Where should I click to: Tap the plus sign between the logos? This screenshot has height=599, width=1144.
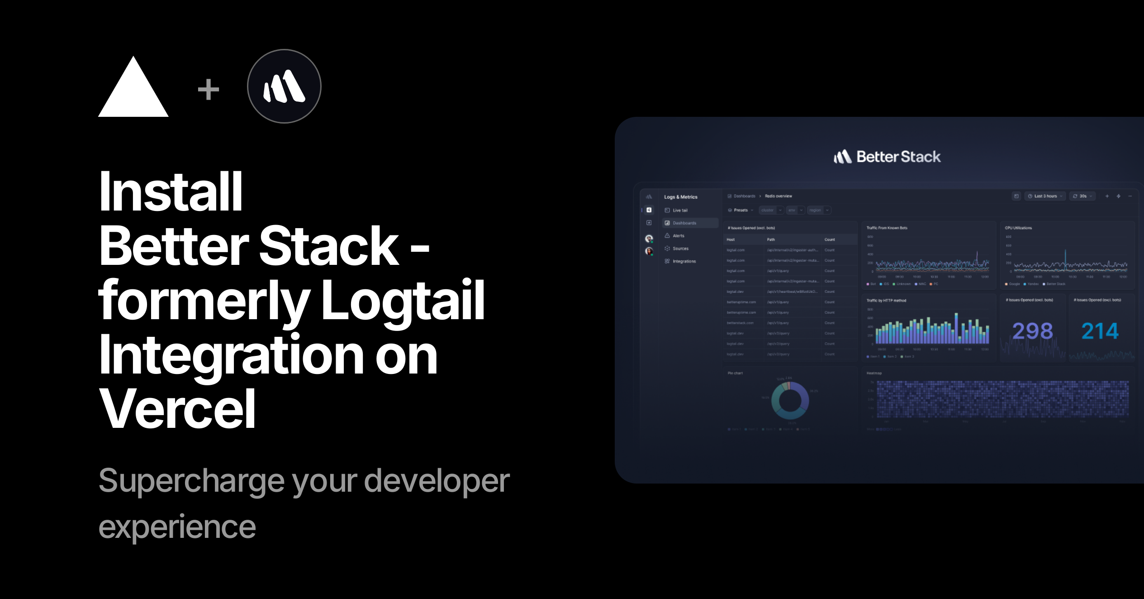click(209, 89)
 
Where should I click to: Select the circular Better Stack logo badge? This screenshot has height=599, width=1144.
click(284, 86)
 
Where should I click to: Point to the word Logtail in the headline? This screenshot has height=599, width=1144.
click(403, 300)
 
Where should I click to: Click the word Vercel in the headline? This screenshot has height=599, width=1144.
click(177, 409)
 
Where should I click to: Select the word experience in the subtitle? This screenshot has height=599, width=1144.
click(177, 527)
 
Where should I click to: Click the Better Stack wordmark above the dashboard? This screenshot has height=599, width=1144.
click(888, 157)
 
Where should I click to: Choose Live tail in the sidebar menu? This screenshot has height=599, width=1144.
click(679, 211)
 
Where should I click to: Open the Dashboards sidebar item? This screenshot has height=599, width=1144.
click(684, 223)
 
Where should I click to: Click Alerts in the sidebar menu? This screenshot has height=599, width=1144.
click(678, 236)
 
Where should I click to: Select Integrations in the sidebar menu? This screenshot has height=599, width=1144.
click(684, 261)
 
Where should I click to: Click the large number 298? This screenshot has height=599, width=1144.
click(1032, 331)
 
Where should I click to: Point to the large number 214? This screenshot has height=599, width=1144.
click(1100, 331)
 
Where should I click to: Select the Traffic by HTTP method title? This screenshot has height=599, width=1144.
click(886, 301)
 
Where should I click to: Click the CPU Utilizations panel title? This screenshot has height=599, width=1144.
click(1018, 228)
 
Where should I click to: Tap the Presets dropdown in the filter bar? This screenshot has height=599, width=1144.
click(741, 210)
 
